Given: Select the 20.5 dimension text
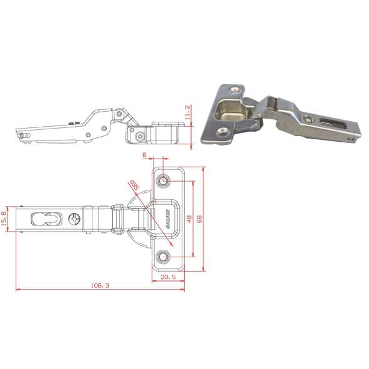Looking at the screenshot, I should pyautogui.click(x=167, y=277).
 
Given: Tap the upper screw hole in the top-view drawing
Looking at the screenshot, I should pyautogui.click(x=163, y=182).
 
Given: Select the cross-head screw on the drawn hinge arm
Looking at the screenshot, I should pyautogui.click(x=76, y=220).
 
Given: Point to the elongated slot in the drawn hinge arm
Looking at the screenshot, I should pyautogui.click(x=42, y=219).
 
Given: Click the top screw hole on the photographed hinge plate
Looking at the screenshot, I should pyautogui.click(x=235, y=90).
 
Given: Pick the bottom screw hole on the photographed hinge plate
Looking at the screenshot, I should pyautogui.click(x=222, y=132).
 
